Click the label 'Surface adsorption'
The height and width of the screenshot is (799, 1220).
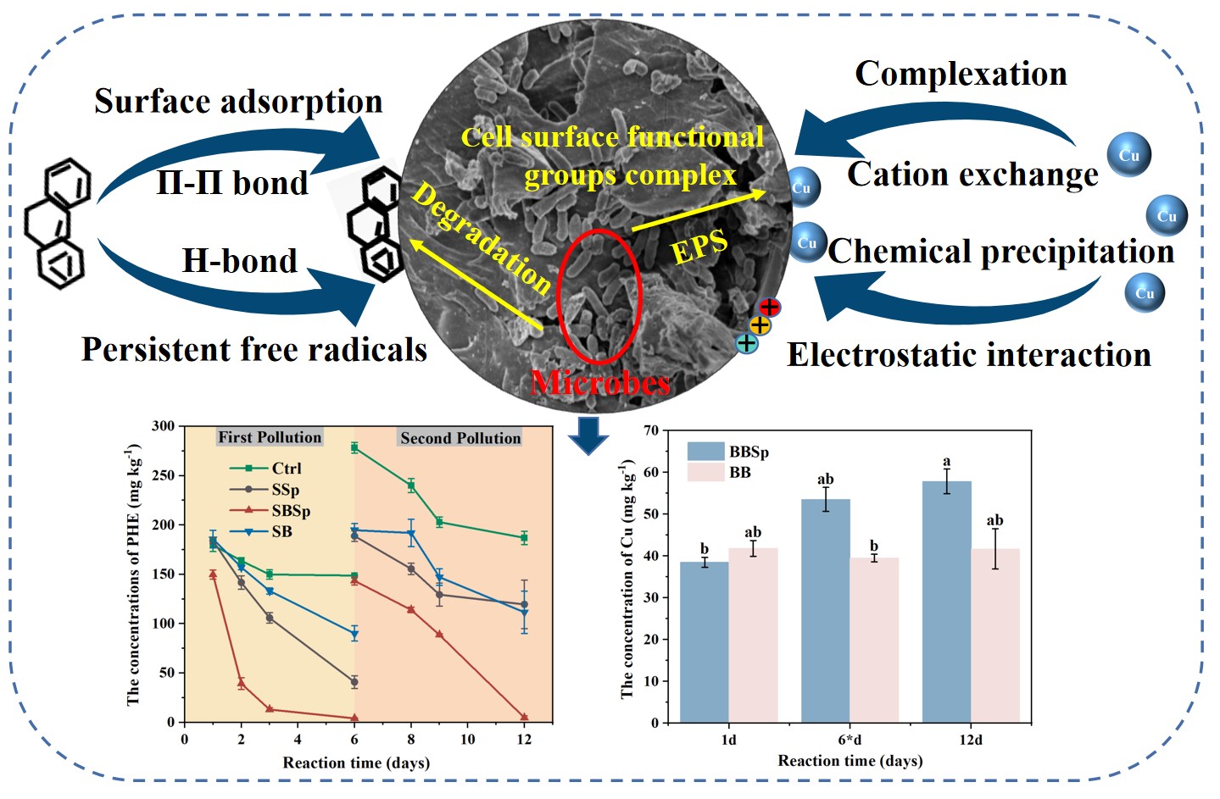238,102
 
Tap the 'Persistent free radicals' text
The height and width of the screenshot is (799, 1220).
254,349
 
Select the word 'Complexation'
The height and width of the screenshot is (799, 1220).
961,74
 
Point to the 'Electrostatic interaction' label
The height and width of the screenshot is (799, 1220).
969,354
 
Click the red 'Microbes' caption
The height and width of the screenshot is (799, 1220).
600,383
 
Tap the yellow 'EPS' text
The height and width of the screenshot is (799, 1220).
699,247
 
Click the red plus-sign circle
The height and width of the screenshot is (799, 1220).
770,307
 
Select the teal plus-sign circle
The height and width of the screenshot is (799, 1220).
746,343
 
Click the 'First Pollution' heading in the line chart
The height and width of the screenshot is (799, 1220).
270,437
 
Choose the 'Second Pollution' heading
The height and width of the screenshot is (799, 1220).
460,438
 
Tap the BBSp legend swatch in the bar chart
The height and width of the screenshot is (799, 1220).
705,452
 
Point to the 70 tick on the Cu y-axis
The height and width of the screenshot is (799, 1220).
651,430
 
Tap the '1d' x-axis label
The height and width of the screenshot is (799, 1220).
729,740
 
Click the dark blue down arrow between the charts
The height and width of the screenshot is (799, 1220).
588,434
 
